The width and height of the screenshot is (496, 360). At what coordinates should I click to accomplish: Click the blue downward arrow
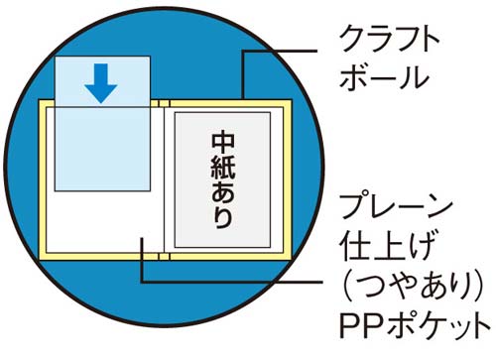(x=101, y=83)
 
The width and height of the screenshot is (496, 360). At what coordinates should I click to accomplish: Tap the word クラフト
(x=390, y=39)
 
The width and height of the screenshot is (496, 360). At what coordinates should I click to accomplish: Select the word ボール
(x=385, y=77)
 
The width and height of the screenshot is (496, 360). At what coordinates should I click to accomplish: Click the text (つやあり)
(x=412, y=286)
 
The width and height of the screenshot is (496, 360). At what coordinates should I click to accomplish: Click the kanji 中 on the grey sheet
(x=223, y=141)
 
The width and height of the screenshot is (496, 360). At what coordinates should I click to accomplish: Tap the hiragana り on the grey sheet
(x=223, y=217)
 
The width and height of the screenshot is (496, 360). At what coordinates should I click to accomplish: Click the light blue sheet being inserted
(x=102, y=123)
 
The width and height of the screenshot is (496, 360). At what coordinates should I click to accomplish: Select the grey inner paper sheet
(x=223, y=180)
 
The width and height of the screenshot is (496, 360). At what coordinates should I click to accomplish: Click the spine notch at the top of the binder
(x=164, y=103)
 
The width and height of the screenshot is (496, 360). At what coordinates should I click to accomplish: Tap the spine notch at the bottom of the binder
(x=164, y=257)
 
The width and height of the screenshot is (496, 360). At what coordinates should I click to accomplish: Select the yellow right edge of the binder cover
(x=288, y=180)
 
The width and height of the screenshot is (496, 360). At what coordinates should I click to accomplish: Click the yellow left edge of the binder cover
(x=43, y=180)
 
